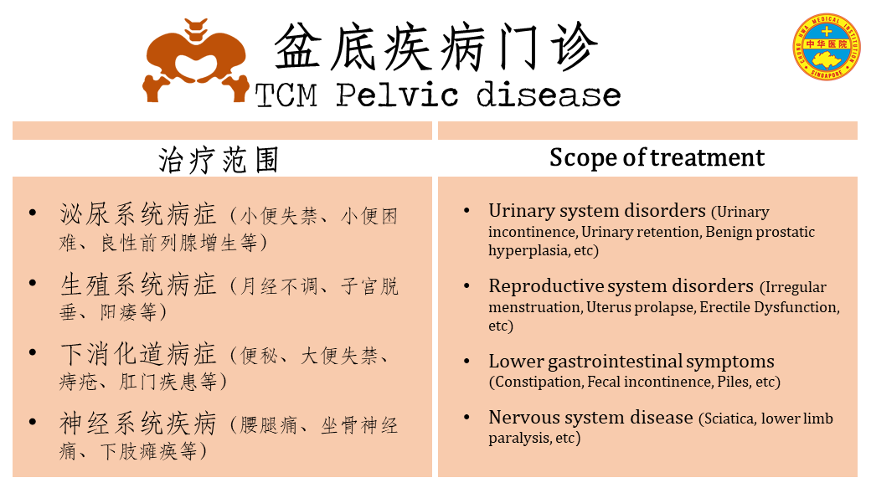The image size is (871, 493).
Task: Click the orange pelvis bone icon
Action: [x=195, y=61]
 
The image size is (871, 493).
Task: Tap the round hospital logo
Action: [x=827, y=47]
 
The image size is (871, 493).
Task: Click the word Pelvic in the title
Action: [x=397, y=94]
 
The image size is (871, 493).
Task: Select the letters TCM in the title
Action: [x=286, y=95]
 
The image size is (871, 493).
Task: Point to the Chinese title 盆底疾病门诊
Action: [x=436, y=47]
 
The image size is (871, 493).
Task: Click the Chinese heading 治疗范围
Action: [x=219, y=160]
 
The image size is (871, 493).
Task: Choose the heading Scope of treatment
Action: [x=657, y=157]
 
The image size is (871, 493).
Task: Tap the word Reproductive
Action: [x=546, y=286]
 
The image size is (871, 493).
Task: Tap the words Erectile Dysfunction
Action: [x=770, y=307]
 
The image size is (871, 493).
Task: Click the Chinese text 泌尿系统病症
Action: [x=137, y=214]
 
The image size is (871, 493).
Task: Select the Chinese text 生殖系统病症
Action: [x=137, y=285]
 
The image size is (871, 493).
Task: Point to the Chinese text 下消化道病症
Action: [x=137, y=354]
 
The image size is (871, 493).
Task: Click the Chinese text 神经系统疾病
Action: [x=137, y=424]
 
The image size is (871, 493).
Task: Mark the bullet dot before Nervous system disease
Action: [x=466, y=417]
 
